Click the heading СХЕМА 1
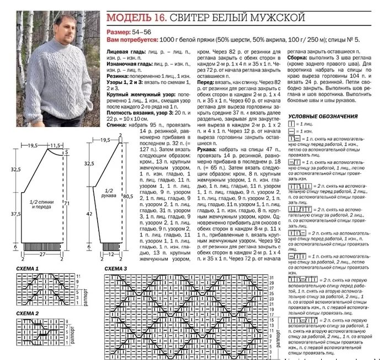pos(27,268)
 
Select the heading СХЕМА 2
pos(27,313)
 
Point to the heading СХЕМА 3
pos(116,268)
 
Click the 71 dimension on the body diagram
pos(67,204)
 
